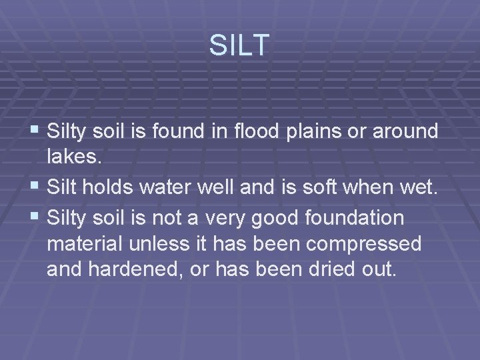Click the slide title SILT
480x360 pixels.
(239, 45)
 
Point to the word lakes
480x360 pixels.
(71, 158)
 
